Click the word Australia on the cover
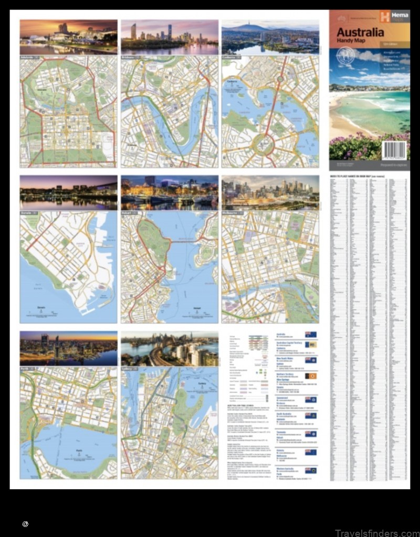(360, 32)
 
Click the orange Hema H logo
(384, 17)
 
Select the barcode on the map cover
(394, 150)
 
